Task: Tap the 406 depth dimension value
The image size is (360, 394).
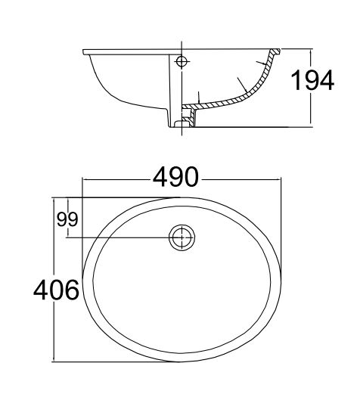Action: coord(56,290)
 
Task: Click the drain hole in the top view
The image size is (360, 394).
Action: coord(182,237)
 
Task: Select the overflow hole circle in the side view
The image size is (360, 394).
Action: coord(182,61)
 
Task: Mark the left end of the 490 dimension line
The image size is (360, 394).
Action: coord(82,179)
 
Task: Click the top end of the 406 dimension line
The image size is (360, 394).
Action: coord(53,198)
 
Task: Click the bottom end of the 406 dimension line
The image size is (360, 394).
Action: coord(53,360)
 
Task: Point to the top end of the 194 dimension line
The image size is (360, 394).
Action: coord(312,50)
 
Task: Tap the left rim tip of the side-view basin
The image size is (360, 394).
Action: coord(83,51)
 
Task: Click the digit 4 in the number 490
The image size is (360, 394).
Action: coord(161,178)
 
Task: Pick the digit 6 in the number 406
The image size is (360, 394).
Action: coord(71,290)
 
